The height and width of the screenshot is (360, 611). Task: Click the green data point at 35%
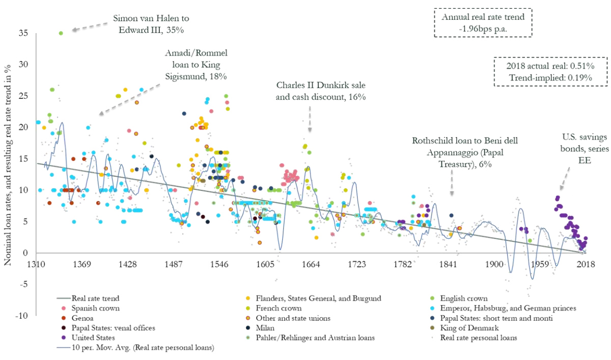[61, 33]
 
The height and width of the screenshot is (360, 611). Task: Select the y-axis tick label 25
[23, 96]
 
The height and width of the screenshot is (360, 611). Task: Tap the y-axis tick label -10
[21, 316]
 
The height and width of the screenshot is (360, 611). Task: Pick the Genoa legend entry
[84, 318]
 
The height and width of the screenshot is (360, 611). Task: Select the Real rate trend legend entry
[92, 298]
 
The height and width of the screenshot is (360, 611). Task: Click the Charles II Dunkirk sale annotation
[321, 90]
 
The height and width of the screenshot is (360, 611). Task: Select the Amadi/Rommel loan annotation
[196, 64]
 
